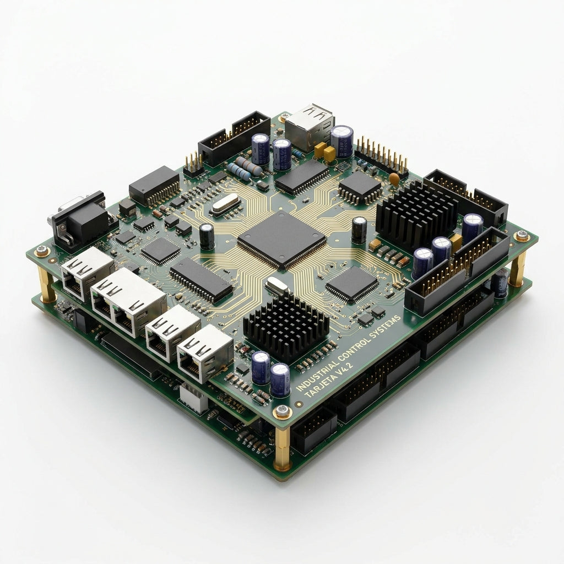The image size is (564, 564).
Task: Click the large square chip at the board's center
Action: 281,240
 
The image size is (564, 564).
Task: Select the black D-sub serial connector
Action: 80,220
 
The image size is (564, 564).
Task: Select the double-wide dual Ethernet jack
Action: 128,302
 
